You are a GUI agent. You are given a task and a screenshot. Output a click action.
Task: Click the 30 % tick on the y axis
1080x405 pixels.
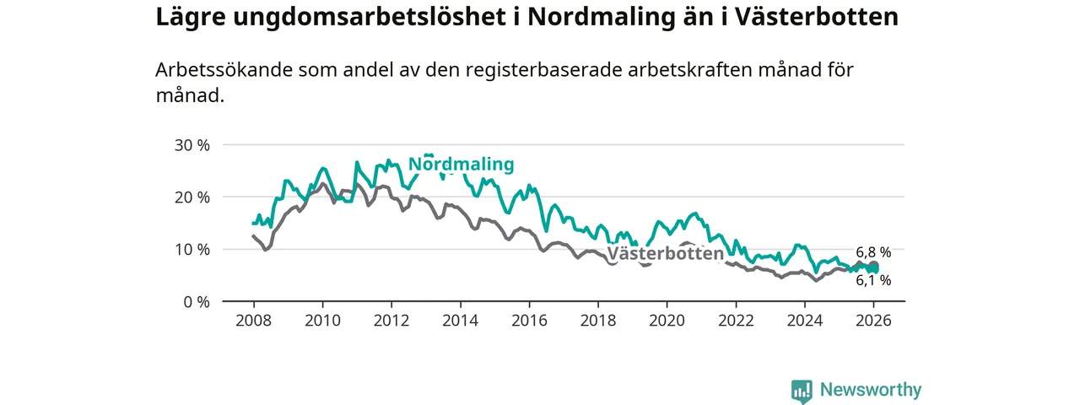coord(192,145)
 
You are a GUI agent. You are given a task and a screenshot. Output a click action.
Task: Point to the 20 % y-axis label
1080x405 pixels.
coord(192,197)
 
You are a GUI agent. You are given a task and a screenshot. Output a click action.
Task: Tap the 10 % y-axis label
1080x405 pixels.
coord(192,250)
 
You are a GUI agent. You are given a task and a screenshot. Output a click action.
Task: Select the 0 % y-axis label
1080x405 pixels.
coord(196,302)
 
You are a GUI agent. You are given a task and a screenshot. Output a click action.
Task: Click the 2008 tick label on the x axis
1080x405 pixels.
coord(253,321)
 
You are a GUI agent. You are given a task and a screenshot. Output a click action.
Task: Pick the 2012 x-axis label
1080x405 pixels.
coord(391,321)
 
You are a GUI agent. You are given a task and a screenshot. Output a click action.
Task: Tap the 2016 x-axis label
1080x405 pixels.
coord(529,321)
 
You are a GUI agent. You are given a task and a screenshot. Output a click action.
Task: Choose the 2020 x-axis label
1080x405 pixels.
coord(667,321)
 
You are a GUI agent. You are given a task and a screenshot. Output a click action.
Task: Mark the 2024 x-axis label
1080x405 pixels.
coord(805,321)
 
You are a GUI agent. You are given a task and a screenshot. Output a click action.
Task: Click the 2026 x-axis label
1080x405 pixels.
coord(874,321)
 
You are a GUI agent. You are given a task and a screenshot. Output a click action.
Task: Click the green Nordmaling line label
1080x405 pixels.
coord(461,165)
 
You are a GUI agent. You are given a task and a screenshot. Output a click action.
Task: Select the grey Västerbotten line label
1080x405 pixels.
coord(665,253)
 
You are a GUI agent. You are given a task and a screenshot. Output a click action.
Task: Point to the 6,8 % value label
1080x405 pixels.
coord(873,252)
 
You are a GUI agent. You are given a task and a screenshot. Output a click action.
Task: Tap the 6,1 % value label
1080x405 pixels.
coord(873,280)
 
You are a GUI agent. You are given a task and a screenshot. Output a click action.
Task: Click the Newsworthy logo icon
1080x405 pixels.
coord(802,391)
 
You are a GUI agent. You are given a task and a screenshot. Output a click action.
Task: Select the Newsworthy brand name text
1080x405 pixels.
coord(871,390)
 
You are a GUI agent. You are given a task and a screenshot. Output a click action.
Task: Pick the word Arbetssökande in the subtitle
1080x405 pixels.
coord(224,70)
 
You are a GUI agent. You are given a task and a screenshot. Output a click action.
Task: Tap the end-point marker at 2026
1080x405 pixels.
coord(873,267)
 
